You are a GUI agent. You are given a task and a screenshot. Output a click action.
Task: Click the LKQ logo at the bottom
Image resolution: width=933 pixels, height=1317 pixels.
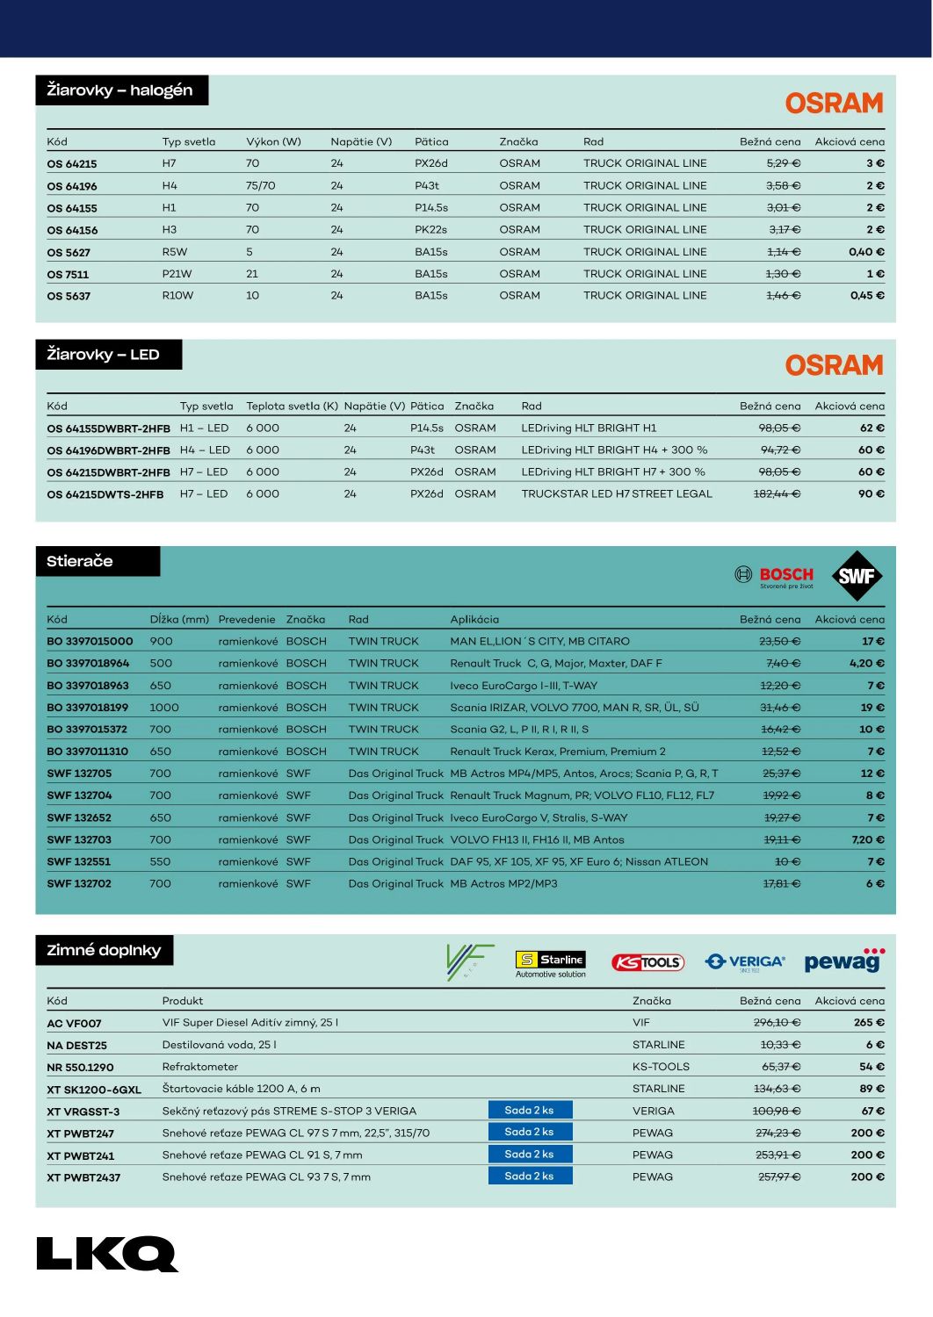tap(106, 1253)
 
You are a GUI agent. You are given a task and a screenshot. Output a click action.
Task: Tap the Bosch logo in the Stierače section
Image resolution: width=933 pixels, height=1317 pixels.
tap(774, 576)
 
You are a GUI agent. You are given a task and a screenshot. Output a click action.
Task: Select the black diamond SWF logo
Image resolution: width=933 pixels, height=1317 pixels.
tap(856, 576)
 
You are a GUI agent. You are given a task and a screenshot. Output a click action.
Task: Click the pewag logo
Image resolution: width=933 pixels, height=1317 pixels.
tap(843, 961)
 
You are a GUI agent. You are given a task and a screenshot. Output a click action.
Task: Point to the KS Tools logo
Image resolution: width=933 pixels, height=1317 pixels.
tap(647, 962)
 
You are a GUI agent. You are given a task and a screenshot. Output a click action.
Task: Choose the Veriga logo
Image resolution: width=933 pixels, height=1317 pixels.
tap(745, 962)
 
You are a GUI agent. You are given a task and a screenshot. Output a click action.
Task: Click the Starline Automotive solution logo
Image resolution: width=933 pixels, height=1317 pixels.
tap(550, 964)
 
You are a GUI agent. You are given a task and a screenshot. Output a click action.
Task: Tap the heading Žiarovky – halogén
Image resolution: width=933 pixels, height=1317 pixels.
tap(120, 90)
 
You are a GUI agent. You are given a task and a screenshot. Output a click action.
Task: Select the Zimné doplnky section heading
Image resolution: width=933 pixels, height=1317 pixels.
tap(104, 950)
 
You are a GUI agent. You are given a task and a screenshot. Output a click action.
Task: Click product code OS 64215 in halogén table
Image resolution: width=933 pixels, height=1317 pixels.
tap(72, 164)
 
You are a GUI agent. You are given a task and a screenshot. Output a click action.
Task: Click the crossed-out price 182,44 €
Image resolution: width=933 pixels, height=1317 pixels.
tap(777, 494)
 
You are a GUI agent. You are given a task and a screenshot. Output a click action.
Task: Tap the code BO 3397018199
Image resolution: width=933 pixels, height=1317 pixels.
tap(88, 708)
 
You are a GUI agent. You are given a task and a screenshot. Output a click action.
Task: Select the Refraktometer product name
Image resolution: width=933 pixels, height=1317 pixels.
tap(200, 1067)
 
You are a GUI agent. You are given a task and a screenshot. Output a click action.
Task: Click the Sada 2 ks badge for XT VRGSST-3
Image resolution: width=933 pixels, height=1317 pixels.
tap(530, 1110)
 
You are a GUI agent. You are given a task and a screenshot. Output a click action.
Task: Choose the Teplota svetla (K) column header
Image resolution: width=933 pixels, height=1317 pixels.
tap(292, 407)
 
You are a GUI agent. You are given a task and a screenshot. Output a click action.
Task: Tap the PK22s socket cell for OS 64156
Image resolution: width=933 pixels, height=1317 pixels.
tap(430, 230)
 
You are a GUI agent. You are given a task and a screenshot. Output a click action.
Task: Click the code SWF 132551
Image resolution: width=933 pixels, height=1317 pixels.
tap(79, 862)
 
